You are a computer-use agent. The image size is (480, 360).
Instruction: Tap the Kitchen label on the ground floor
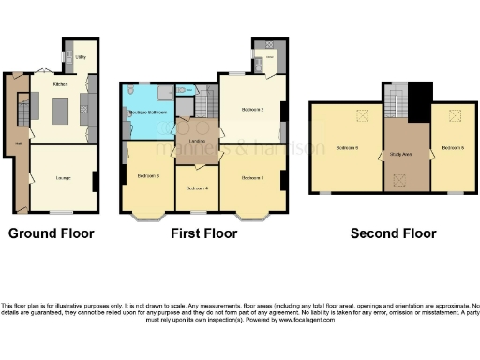(61, 83)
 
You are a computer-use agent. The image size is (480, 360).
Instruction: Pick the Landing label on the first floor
(198, 142)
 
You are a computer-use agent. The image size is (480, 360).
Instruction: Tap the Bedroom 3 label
(148, 176)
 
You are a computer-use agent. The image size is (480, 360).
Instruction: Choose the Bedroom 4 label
(196, 188)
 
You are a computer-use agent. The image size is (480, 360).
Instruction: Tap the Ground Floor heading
(52, 233)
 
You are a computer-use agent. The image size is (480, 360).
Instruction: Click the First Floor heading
(202, 233)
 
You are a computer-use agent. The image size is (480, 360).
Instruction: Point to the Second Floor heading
(393, 233)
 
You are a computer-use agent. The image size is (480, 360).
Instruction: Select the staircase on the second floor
(395, 102)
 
